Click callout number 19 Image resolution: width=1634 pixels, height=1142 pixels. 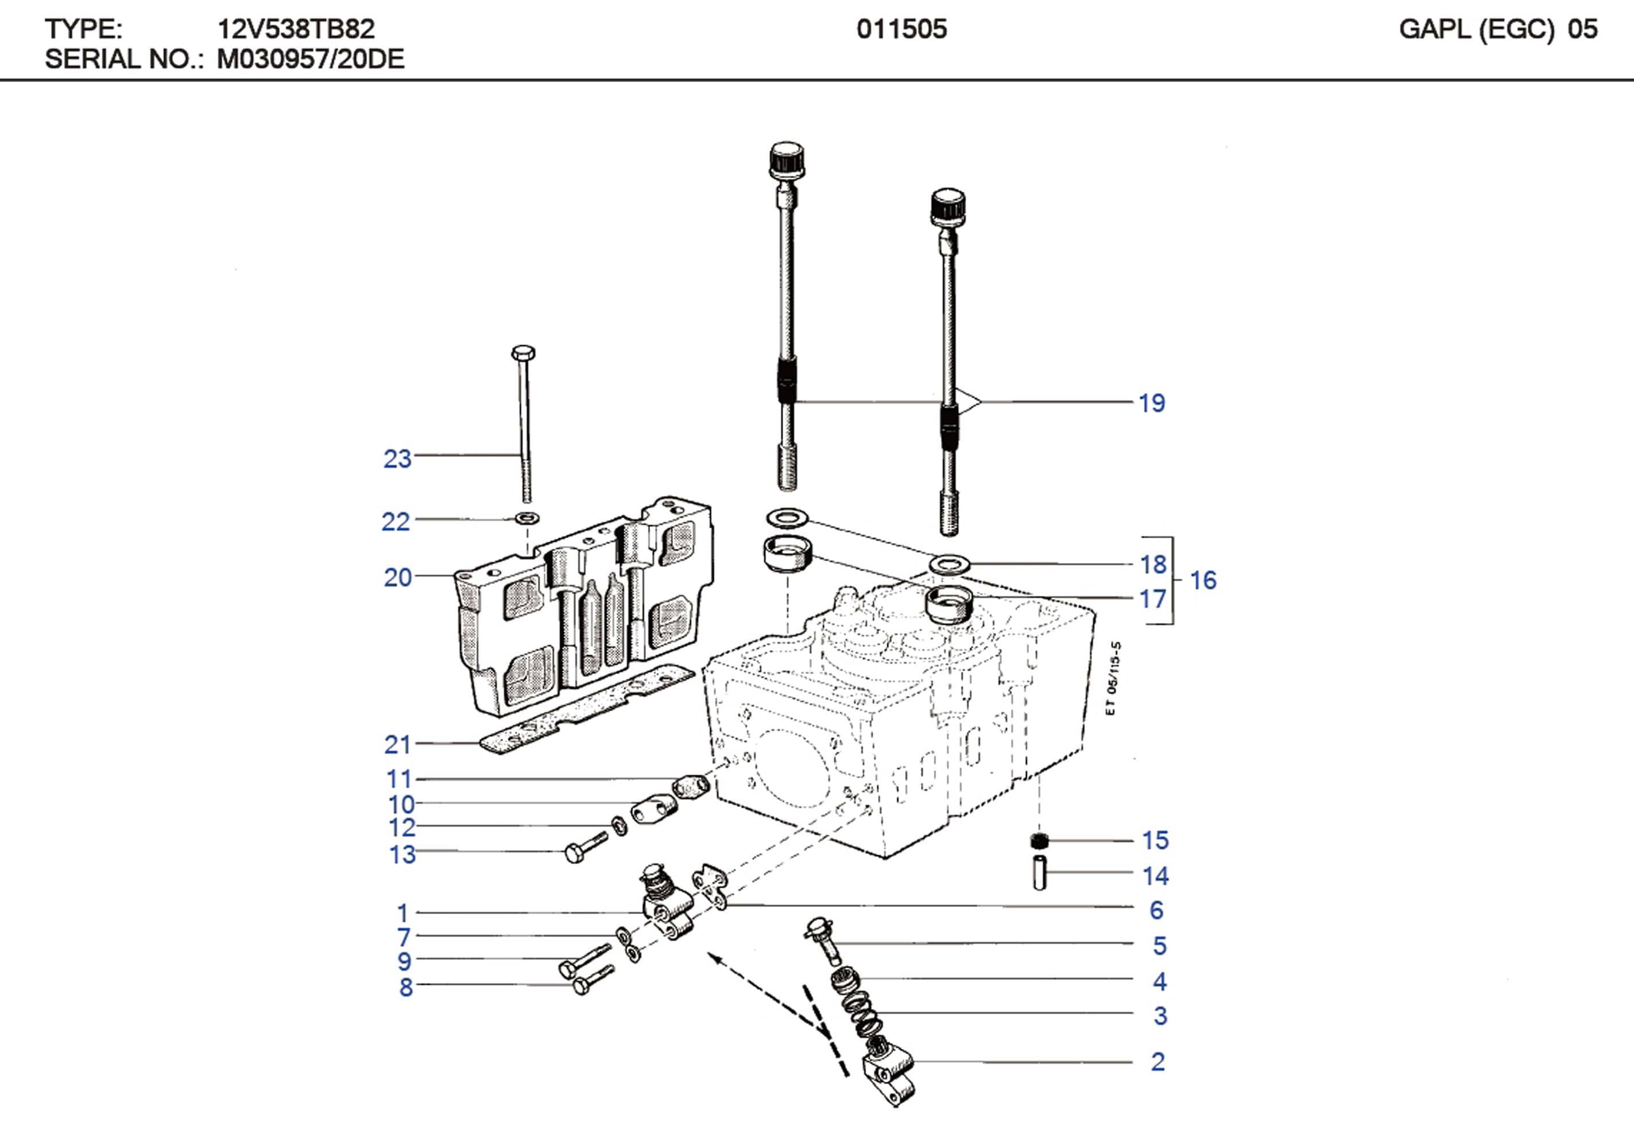pos(1152,403)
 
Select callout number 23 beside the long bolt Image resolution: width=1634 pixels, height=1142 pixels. pos(397,459)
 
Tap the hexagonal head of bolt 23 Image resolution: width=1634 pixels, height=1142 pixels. pos(523,353)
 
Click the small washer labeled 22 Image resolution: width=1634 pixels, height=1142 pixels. pos(526,517)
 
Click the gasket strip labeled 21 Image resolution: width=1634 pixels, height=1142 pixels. pos(583,712)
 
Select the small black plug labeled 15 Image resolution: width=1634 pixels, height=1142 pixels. pos(1040,842)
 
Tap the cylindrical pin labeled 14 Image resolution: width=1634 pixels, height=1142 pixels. pos(1040,872)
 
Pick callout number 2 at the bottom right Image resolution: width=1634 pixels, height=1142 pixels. pos(1158,1062)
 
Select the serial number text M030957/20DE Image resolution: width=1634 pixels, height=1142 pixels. pos(310,59)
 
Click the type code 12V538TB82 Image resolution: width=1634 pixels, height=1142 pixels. pos(295,29)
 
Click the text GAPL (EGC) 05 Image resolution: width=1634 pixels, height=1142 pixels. pos(1498,29)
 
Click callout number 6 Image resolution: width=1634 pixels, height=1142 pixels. pos(1156,910)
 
